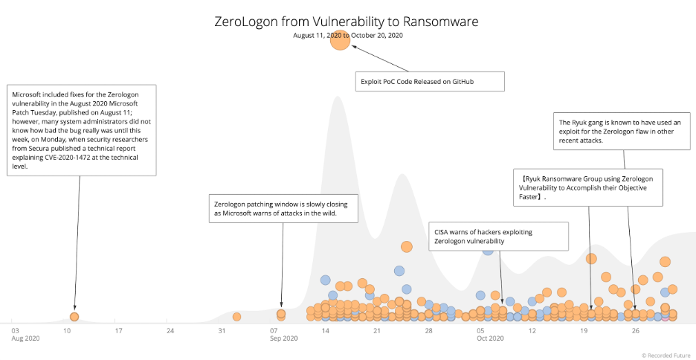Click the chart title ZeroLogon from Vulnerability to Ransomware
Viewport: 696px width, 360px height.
point(347,22)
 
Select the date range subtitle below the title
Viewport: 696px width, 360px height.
point(347,35)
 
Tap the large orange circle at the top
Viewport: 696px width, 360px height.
point(340,41)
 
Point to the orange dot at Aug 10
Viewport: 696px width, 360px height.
point(74,317)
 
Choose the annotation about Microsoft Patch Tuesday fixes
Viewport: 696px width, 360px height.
point(82,130)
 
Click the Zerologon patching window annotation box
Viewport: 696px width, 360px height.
point(283,208)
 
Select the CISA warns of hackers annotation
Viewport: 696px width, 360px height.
point(499,236)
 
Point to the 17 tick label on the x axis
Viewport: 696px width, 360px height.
point(118,330)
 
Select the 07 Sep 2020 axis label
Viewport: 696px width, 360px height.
point(283,334)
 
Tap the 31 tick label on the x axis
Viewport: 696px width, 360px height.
point(222,330)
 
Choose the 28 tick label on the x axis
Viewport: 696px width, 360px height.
point(428,330)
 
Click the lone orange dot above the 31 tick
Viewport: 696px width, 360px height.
point(236,317)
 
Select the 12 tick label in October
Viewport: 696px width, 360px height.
point(532,330)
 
